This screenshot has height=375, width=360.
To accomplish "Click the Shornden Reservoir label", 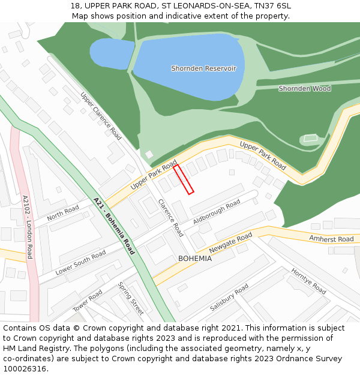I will tap(203, 68).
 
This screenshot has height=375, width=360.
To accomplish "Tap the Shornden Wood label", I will tap(304, 89).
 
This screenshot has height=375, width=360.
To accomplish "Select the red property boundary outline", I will tap(184, 179).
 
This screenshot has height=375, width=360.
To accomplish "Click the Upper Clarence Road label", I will tap(101, 116).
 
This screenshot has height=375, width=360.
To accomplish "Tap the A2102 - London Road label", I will tap(28, 227).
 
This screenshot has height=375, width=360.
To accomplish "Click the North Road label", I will tap(63, 212).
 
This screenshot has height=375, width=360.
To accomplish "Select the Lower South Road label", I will tap(80, 263).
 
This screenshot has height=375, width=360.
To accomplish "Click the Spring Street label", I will tap(131, 298).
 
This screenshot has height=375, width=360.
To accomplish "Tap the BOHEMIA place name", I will tap(194, 259).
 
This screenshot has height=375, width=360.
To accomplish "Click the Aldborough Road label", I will tap(216, 212).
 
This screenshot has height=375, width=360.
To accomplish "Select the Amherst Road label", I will tap(331, 239).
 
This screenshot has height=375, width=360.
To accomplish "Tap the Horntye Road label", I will tap(308, 281).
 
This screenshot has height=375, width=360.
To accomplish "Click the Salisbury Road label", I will tap(229, 298).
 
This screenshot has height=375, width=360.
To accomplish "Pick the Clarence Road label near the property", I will tap(170, 217).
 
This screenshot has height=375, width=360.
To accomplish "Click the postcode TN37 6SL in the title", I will tap(271, 5).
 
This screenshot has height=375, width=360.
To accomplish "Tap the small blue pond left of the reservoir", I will tap(112, 54).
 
